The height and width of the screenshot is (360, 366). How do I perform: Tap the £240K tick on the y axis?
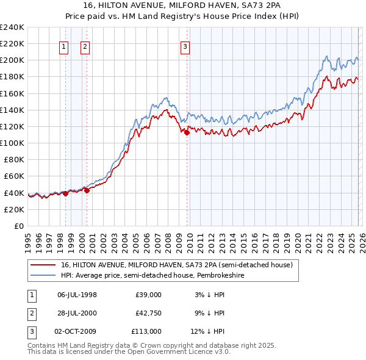12,27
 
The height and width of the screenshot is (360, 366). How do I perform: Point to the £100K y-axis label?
12,143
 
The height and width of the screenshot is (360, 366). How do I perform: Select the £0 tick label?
18,226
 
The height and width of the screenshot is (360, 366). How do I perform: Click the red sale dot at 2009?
187,132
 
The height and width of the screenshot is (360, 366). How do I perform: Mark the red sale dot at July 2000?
87,190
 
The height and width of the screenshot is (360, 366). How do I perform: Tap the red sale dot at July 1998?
65,193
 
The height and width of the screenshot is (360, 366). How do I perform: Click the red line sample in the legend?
43,265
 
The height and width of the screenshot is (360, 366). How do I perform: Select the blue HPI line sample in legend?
43,275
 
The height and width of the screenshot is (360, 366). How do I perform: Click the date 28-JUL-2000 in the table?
77,313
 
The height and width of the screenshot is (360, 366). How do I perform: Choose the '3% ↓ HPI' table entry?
209,295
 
